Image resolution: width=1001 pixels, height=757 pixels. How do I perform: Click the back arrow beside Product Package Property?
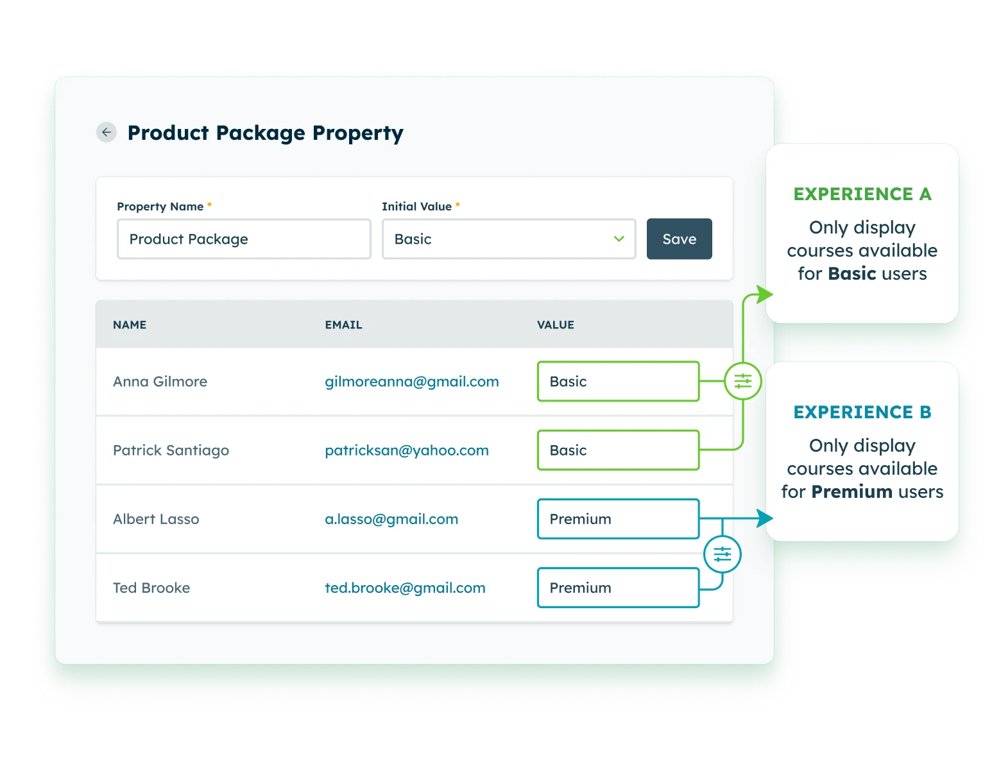[107, 132]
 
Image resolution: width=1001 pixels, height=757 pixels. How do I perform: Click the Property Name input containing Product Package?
[244, 239]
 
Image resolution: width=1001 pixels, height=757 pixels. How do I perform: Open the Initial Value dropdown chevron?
[619, 239]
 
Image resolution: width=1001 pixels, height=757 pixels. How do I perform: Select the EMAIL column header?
[343, 325]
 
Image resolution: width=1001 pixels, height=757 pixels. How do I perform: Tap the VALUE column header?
[555, 325]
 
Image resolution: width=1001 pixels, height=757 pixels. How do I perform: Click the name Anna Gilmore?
[160, 382]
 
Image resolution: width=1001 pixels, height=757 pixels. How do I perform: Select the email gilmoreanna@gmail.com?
[411, 382]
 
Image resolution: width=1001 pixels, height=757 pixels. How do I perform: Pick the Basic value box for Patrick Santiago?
[617, 450]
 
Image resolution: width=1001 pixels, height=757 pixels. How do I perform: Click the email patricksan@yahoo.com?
[406, 450]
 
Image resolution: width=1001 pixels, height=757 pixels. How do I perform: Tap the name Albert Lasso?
[156, 519]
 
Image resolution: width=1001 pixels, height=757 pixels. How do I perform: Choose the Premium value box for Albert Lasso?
[617, 519]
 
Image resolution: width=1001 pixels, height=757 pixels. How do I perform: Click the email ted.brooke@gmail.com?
[405, 588]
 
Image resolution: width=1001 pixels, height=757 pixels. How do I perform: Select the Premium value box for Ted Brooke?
[617, 588]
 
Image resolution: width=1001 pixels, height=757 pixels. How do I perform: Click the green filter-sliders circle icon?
[742, 381]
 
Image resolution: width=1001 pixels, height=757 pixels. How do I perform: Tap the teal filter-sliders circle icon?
[723, 554]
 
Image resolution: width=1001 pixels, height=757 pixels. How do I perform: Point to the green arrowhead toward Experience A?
[764, 294]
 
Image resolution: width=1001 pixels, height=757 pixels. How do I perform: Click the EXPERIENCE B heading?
[862, 412]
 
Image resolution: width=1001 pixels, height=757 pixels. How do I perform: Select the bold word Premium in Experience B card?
[851, 492]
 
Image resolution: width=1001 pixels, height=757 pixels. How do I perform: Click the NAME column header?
[130, 325]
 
